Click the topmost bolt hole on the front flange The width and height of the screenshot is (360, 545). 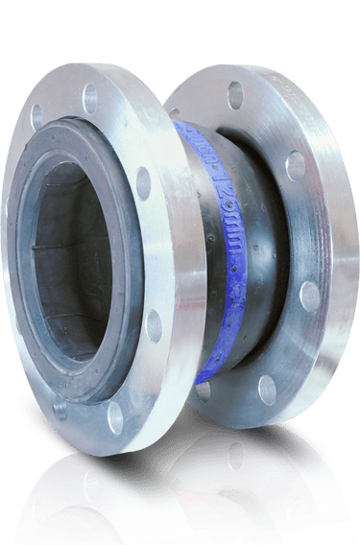(x=91, y=97)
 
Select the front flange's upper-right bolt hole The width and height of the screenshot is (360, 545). (x=143, y=182)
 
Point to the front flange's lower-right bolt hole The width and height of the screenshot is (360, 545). (x=153, y=325)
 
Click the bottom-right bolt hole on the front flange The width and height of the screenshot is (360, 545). (x=115, y=415)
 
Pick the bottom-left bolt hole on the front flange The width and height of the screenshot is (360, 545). (x=60, y=408)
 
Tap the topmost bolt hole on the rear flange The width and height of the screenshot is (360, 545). (x=235, y=95)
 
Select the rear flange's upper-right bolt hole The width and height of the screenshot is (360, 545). (x=296, y=165)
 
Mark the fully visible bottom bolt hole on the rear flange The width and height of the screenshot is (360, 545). (x=266, y=389)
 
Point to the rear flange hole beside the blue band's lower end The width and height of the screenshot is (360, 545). (x=203, y=390)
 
